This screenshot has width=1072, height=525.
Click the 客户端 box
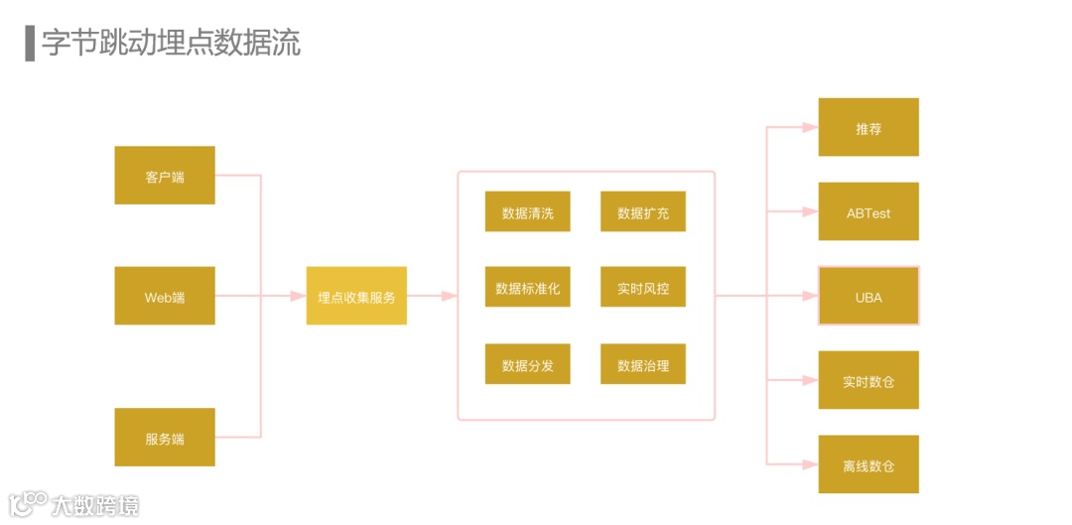(x=165, y=176)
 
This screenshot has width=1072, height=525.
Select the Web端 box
(x=165, y=296)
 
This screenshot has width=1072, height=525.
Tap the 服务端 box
(x=165, y=437)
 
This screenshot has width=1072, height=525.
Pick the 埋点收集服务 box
(x=356, y=296)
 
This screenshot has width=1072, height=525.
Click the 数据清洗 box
(x=527, y=211)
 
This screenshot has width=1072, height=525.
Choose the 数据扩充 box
(x=643, y=211)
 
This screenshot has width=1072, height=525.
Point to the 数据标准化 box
(x=527, y=287)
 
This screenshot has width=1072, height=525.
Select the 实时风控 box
(x=643, y=287)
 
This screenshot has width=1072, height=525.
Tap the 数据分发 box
(x=527, y=364)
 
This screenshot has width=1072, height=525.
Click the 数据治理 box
(x=643, y=364)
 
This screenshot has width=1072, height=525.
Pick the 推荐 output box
(x=869, y=127)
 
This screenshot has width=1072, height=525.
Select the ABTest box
(x=869, y=211)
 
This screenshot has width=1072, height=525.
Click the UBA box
(x=869, y=296)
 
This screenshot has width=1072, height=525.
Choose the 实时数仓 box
(x=869, y=380)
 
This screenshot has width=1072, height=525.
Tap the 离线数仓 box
(x=869, y=464)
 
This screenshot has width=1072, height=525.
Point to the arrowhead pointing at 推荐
(x=809, y=127)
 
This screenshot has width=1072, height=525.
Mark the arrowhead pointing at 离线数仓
(x=809, y=464)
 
